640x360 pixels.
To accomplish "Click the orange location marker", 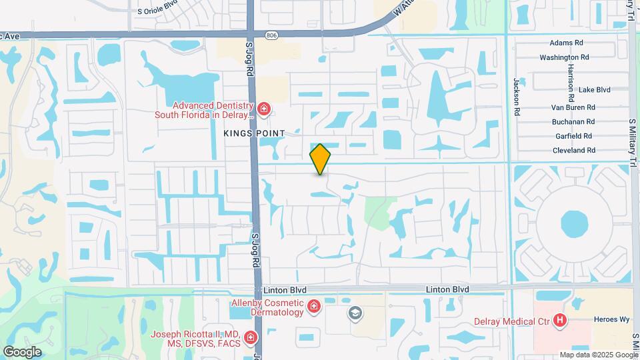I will point(320,159).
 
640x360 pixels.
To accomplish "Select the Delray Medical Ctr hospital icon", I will point(560,321).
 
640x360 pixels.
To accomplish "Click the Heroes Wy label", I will point(615,319).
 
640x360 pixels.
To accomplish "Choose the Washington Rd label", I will point(564,57).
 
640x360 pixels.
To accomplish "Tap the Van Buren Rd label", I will point(572,107).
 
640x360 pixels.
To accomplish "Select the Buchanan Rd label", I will point(573,122).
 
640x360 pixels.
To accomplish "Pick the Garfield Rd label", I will point(574,136).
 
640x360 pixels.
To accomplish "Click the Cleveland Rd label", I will point(574,151).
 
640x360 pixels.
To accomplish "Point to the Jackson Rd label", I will point(516,97).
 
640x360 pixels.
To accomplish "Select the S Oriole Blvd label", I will point(157,11).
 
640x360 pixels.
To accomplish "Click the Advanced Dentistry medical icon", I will point(264,109).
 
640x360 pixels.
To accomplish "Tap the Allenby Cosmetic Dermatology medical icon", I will point(313,307).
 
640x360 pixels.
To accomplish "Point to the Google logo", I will point(22,351).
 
